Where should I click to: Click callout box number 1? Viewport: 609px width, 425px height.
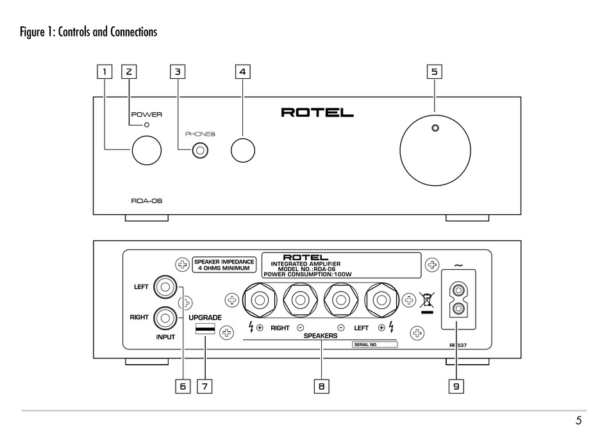tap(104, 72)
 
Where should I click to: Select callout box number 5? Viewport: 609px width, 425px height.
tap(434, 72)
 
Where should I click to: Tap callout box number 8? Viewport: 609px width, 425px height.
tap(321, 386)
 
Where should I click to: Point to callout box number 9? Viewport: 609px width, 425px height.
tap(456, 386)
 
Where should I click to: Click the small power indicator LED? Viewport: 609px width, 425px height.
tap(147, 125)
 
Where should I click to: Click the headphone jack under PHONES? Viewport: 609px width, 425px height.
tap(200, 151)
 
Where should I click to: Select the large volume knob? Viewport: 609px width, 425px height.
tap(435, 151)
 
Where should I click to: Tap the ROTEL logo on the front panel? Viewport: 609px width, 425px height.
tap(317, 113)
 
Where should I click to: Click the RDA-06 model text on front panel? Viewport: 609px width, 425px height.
tap(146, 201)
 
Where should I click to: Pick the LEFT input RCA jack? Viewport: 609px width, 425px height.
tap(165, 287)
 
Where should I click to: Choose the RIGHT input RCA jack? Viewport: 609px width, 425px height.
tap(165, 318)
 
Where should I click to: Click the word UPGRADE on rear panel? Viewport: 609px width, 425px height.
tap(205, 317)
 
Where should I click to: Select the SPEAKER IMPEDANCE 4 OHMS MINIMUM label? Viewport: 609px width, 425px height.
tap(224, 265)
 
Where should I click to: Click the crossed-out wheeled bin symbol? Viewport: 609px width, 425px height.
tap(426, 303)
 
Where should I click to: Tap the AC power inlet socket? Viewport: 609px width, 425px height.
tap(458, 299)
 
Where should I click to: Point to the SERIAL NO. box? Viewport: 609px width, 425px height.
tap(375, 345)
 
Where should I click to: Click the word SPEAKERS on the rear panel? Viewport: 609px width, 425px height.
tap(321, 336)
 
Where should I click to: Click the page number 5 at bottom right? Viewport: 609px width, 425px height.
tap(579, 421)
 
